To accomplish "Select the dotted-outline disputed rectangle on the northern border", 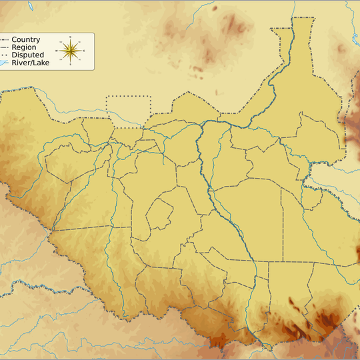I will [x=129, y=111].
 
